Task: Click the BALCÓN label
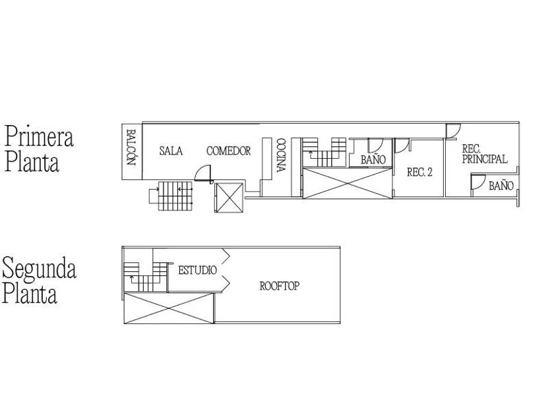click(x=130, y=150)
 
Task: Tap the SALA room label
click(x=170, y=151)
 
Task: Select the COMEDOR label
click(x=228, y=151)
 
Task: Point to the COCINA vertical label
click(x=280, y=155)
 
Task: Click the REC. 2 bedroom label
click(x=419, y=172)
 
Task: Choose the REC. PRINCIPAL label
click(x=484, y=154)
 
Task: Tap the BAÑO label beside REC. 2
click(x=373, y=159)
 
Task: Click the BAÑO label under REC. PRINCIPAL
click(x=501, y=186)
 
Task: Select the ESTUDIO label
click(x=197, y=270)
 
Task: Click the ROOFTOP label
click(x=280, y=287)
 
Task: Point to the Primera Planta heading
click(x=39, y=150)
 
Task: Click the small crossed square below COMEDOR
click(x=230, y=198)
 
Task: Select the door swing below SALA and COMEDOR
click(x=202, y=175)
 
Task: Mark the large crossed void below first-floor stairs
click(x=348, y=182)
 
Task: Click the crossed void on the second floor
click(x=169, y=308)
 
